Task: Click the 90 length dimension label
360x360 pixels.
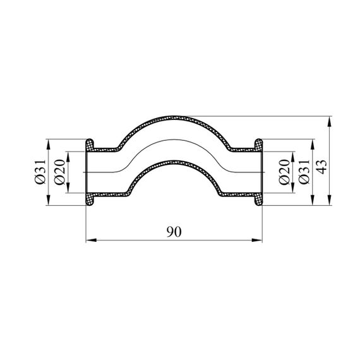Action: click(174, 232)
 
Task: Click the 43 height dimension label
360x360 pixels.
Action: click(321, 167)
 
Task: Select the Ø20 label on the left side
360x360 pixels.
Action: click(60, 172)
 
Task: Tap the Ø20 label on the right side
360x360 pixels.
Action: click(284, 172)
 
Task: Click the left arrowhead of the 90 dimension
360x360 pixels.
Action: click(91, 240)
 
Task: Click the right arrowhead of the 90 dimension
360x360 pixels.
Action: click(257, 240)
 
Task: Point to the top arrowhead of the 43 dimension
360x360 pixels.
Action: click(330, 121)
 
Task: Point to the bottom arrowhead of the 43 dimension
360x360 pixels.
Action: click(330, 200)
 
